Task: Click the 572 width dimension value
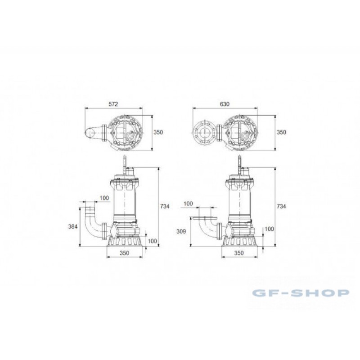pyautogui.click(x=113, y=104)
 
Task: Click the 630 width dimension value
pyautogui.click(x=225, y=104)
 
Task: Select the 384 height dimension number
pyautogui.click(x=73, y=227)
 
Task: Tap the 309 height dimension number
pyautogui.click(x=181, y=231)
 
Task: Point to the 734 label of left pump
pyautogui.click(x=165, y=207)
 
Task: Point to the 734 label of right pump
pyautogui.click(x=281, y=207)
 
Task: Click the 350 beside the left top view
pyautogui.click(x=158, y=132)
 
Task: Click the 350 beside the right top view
pyautogui.click(x=281, y=132)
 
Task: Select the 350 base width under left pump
pyautogui.click(x=125, y=253)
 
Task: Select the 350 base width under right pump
pyautogui.click(x=239, y=253)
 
